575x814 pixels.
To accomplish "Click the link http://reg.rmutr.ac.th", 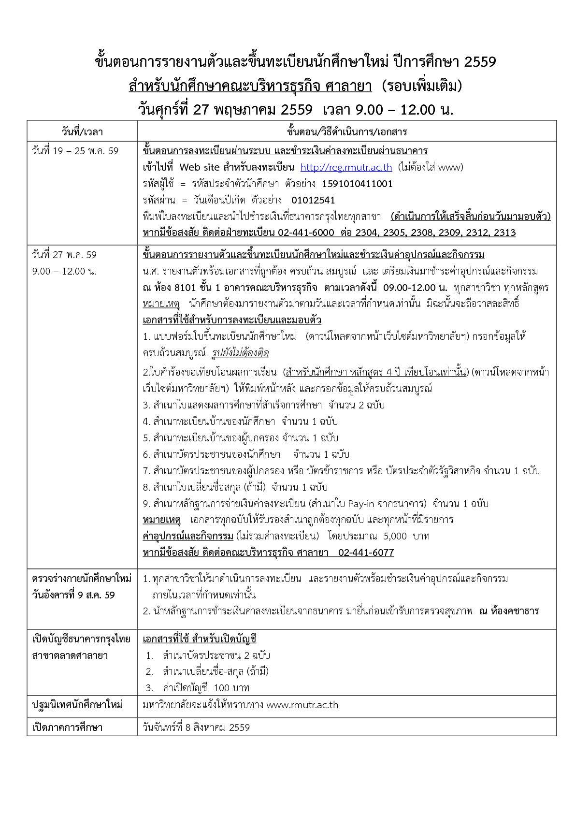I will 346,168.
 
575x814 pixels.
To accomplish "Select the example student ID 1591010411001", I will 357,184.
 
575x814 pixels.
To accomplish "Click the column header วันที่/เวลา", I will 82,131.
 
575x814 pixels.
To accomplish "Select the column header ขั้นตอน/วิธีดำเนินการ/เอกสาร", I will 347,131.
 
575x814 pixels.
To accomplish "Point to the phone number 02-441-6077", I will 366,552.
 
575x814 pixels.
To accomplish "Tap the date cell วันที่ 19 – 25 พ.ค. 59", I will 75,151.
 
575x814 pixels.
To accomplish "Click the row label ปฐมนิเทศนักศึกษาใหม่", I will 77,705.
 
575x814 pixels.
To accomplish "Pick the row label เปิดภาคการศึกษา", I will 67,727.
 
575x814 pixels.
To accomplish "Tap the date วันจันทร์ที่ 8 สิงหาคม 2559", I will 197,727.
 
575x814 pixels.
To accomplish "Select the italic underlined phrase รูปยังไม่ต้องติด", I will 240,353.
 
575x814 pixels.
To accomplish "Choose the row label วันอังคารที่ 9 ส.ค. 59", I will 73,595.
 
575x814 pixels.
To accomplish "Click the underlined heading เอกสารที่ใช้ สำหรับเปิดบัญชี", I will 200,639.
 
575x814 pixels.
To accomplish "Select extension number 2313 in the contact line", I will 505,233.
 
